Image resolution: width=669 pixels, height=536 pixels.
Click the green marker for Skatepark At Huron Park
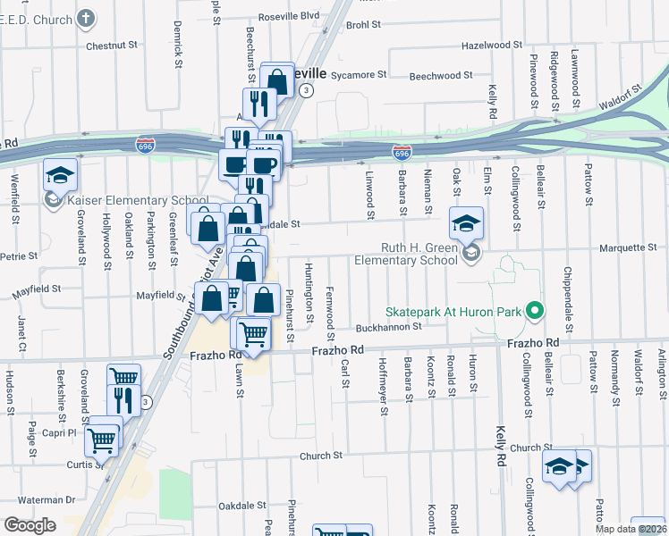[x=535, y=312]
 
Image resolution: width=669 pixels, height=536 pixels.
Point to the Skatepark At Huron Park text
[x=453, y=312]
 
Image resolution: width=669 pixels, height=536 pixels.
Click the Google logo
[x=30, y=525]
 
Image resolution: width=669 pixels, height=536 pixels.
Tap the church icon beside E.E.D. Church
[x=86, y=18]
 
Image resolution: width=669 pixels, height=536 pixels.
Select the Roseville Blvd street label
[x=289, y=15]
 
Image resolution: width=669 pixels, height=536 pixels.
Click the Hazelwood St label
[x=492, y=45]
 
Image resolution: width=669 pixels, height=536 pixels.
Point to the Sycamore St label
[x=358, y=76]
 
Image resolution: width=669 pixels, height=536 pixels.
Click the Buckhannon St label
[x=389, y=328]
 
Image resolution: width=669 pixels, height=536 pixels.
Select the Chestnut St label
[x=112, y=44]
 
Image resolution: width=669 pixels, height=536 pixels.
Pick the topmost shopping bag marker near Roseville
[x=278, y=80]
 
